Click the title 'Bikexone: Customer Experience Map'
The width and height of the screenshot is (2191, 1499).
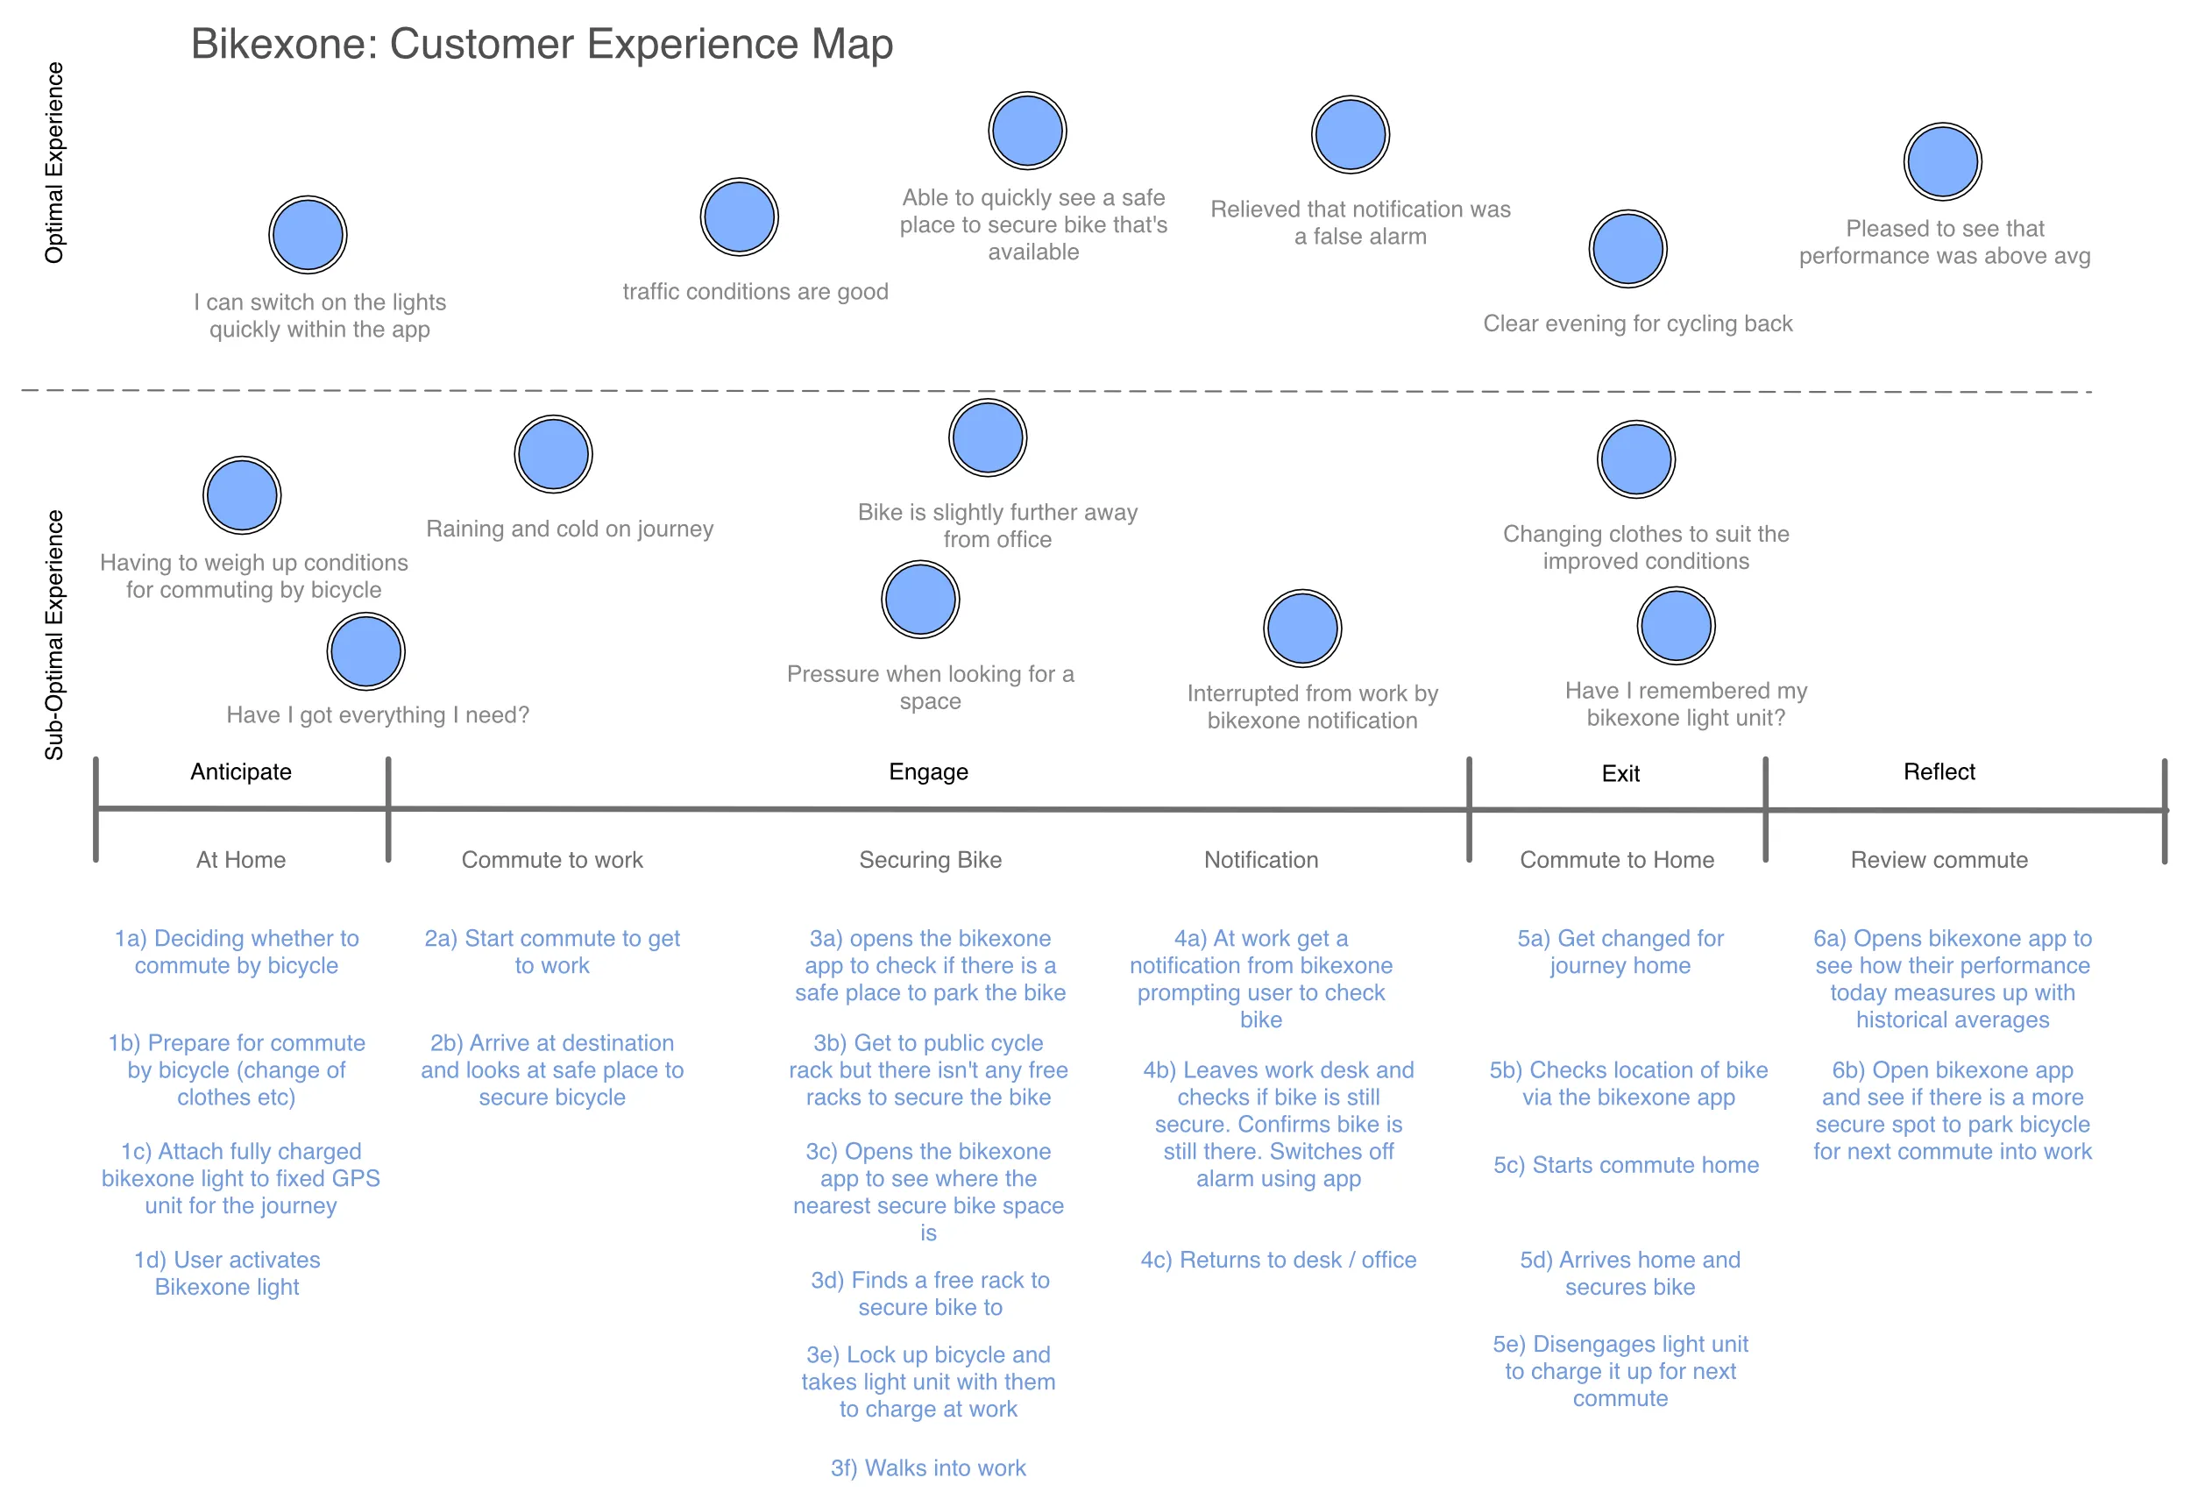click(542, 45)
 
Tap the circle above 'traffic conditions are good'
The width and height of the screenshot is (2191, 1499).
click(739, 217)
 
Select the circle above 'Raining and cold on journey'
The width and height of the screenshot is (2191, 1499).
click(553, 454)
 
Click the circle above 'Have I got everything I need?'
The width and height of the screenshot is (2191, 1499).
click(365, 651)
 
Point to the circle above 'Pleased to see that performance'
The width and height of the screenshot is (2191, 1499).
click(1942, 161)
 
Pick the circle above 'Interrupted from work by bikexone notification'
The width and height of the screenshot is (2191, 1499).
click(1302, 628)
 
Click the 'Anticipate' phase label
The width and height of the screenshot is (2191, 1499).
click(241, 772)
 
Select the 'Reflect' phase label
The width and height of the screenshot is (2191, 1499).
click(1939, 772)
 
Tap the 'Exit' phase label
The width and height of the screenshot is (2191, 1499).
click(1620, 774)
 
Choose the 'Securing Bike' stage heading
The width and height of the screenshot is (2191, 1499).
click(930, 860)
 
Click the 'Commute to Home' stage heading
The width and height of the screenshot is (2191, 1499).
click(1616, 860)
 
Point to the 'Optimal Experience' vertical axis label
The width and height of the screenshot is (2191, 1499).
click(54, 162)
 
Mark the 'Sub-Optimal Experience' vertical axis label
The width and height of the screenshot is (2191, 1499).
click(54, 635)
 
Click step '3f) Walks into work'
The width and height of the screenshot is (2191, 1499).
click(928, 1468)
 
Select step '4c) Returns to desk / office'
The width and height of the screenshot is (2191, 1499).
click(1278, 1260)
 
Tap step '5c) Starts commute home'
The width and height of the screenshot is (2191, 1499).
click(1626, 1165)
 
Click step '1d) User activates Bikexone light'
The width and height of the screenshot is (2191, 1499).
click(227, 1274)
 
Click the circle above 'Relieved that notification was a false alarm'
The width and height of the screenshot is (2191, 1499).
click(1350, 135)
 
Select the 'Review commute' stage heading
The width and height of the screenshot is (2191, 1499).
click(1939, 860)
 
